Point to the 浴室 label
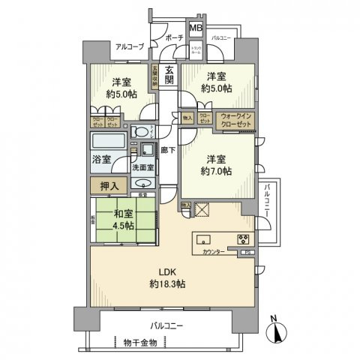click(100, 160)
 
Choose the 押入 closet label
click(107, 184)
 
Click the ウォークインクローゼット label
click(235, 118)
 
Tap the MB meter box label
click(195, 28)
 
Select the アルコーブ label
click(130, 47)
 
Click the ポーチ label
click(175, 37)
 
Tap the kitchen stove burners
click(244, 240)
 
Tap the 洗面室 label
click(145, 168)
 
